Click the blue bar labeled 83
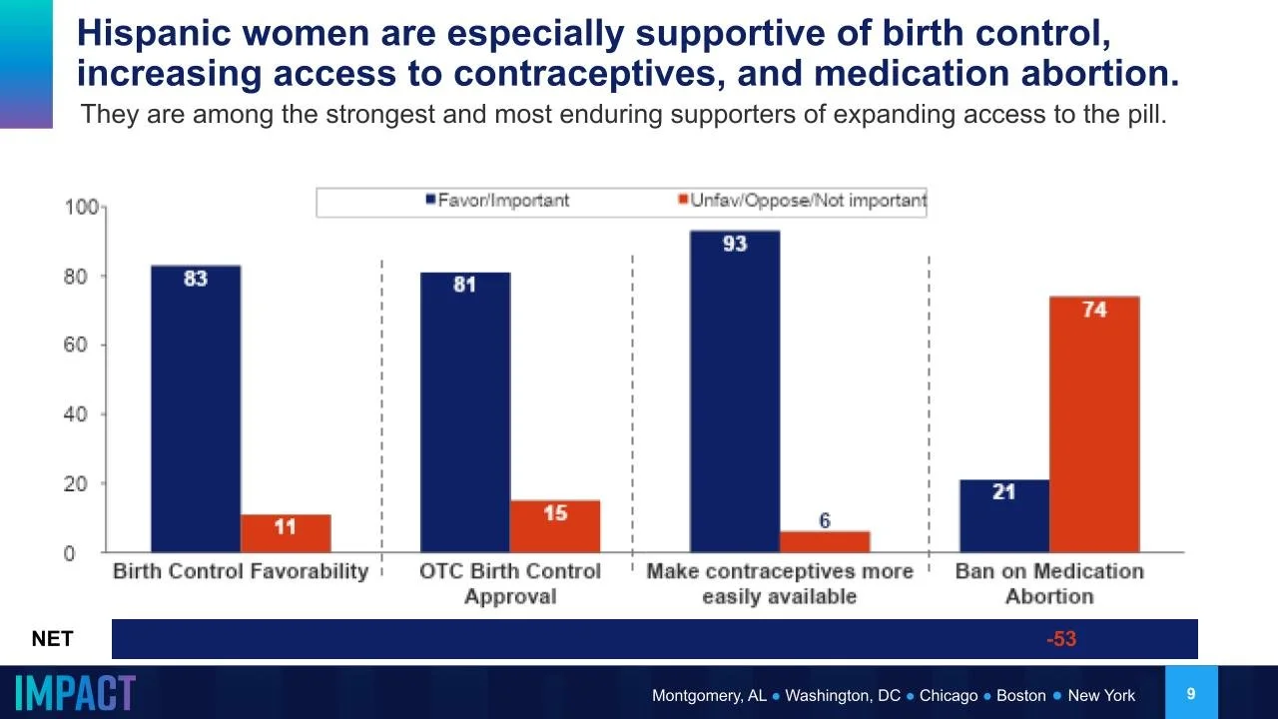point(196,408)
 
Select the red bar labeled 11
point(286,533)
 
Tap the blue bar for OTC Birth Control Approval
point(465,411)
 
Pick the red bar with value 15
point(555,526)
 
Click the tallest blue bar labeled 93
point(735,390)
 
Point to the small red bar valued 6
point(825,541)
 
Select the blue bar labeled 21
point(1004,515)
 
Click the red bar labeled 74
point(1094,424)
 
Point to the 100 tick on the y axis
point(81,208)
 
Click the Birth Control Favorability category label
point(241,572)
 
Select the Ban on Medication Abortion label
point(1049,583)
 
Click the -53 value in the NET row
point(1061,639)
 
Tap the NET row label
point(52,639)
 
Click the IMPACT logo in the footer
point(76,693)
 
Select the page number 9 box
point(1190,693)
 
